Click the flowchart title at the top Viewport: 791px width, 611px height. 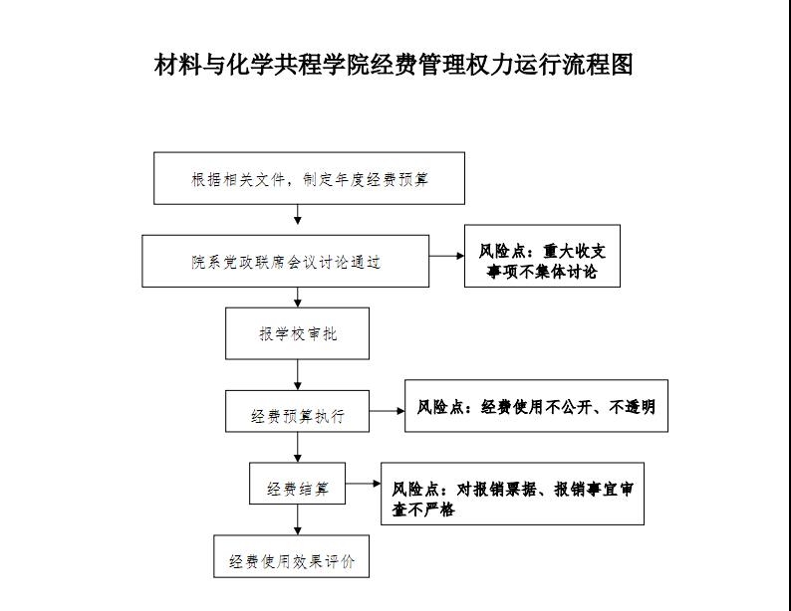point(394,65)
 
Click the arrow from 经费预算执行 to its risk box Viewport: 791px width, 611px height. point(387,411)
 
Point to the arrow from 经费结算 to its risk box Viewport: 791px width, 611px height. point(364,484)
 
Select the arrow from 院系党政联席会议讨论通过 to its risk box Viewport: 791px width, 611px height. point(447,256)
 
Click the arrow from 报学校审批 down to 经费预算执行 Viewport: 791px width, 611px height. point(298,375)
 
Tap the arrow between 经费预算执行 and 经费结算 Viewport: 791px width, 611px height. point(298,447)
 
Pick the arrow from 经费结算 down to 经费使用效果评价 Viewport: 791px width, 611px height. point(298,519)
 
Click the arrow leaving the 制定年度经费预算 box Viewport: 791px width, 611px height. point(298,215)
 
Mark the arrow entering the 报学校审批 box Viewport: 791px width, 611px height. point(298,298)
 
